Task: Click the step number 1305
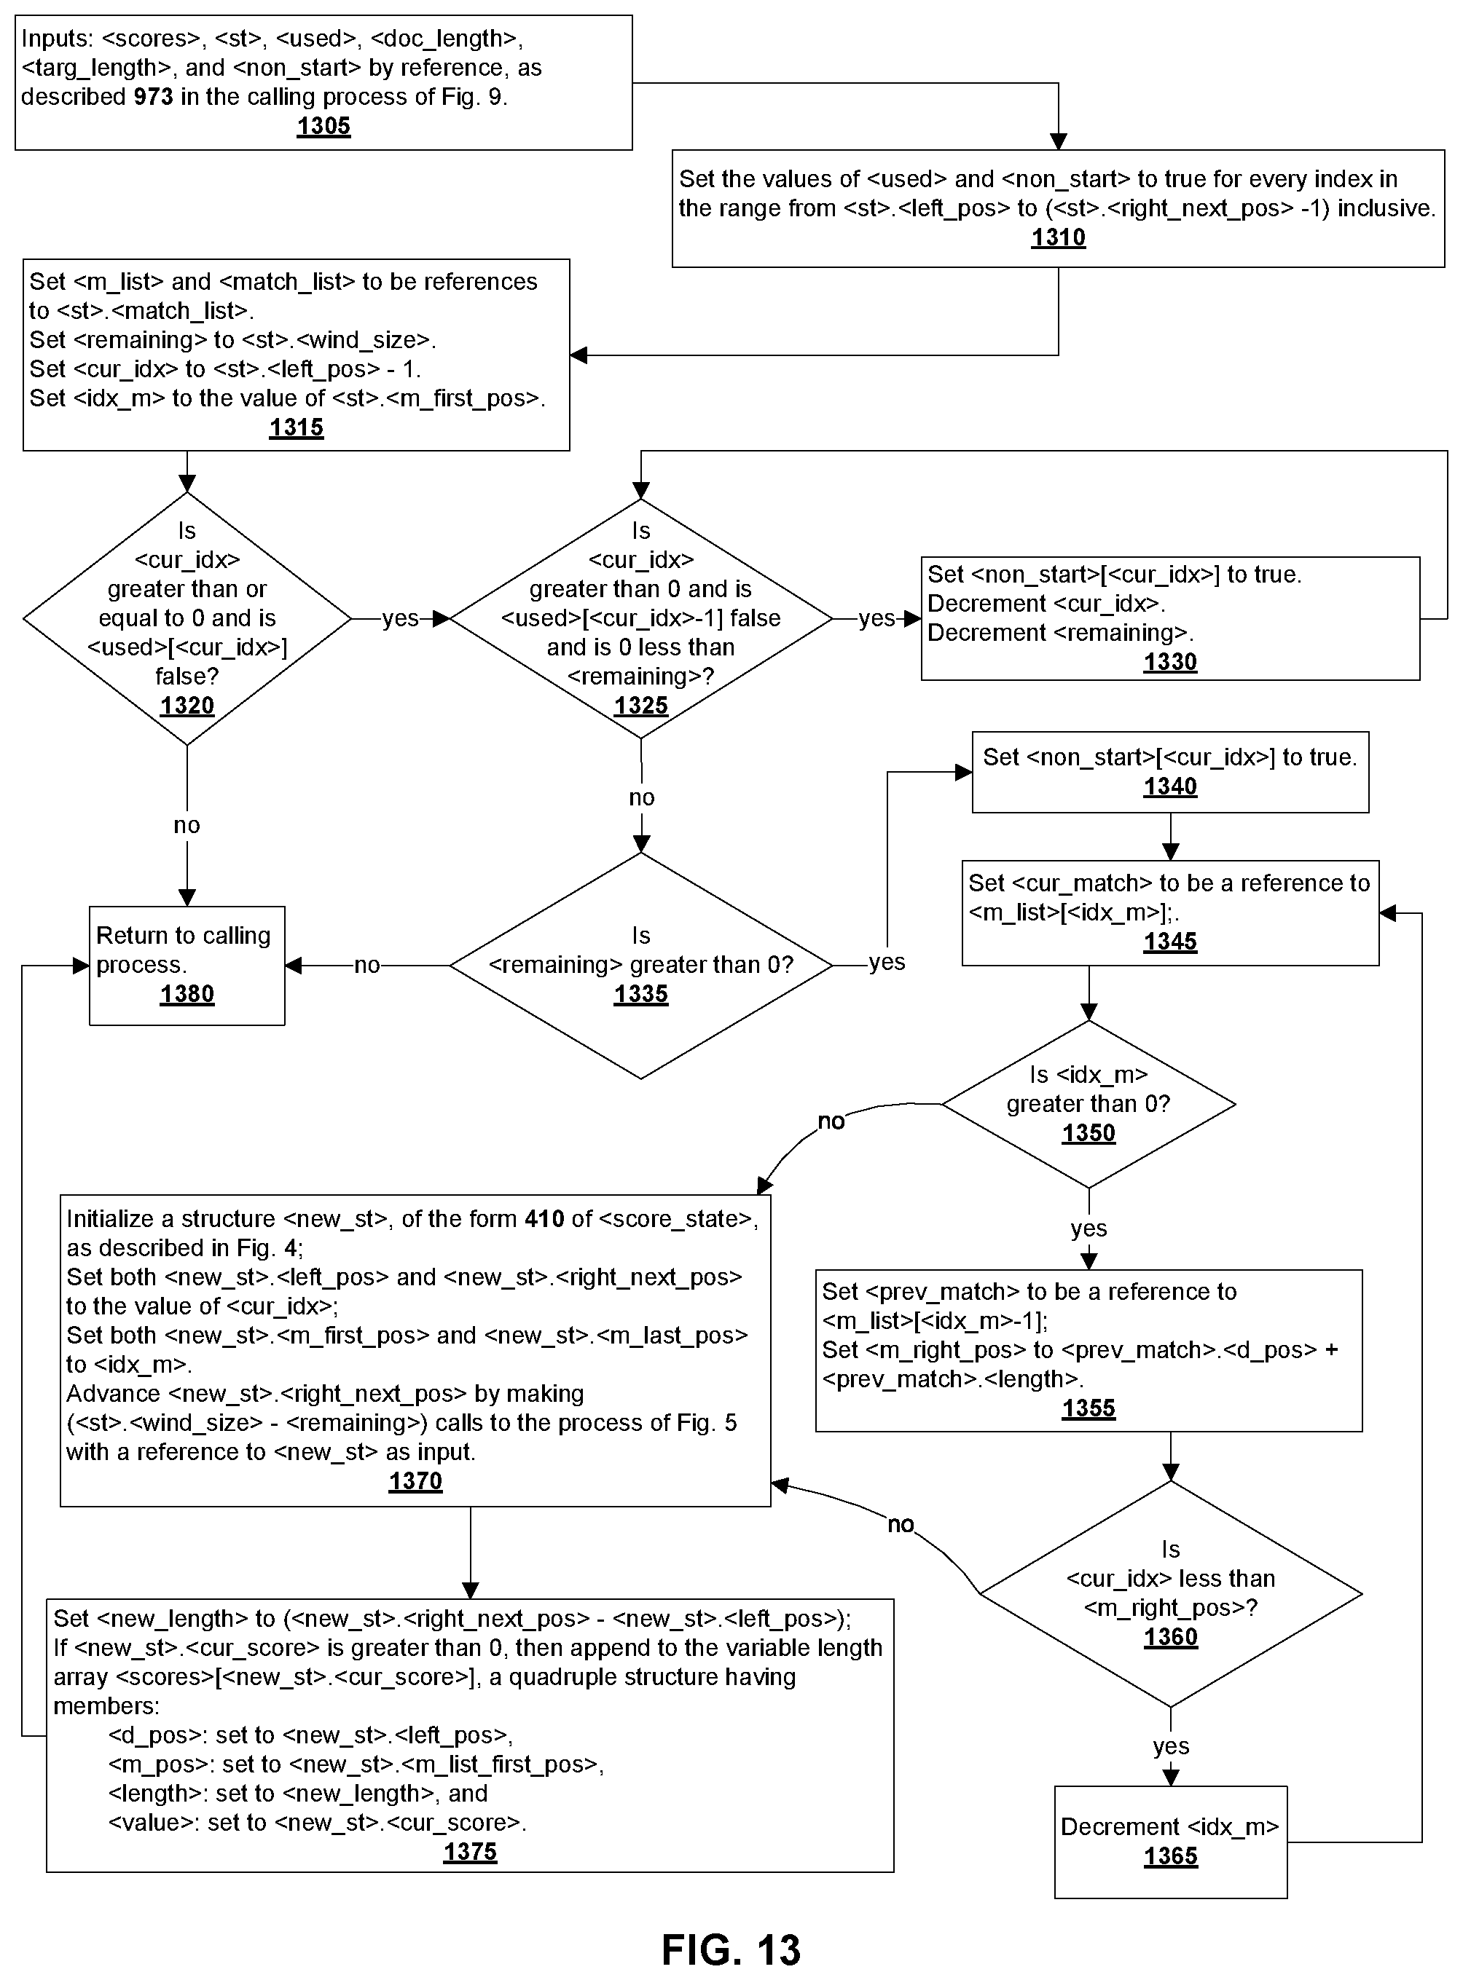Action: tap(323, 127)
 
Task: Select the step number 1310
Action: tap(1059, 237)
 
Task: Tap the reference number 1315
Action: tap(297, 428)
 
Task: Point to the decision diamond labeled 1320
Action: tap(187, 618)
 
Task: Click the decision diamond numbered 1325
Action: tap(641, 618)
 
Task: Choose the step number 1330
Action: tap(1170, 662)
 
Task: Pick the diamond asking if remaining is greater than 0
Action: tap(641, 965)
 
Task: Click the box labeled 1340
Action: tap(1170, 772)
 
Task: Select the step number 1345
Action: tap(1170, 942)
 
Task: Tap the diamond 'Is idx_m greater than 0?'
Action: tap(1089, 1105)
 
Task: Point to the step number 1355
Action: tap(1089, 1408)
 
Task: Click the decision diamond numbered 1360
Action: tap(1171, 1594)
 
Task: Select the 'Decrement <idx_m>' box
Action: tap(1171, 1842)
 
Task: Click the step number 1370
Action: tap(415, 1480)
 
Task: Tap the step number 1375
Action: tap(470, 1852)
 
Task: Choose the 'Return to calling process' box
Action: tap(187, 966)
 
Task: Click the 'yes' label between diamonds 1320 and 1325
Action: tap(400, 618)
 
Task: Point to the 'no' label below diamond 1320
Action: tap(187, 825)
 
